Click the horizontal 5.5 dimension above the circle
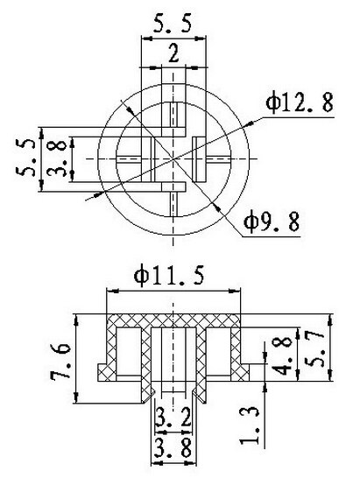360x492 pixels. [x=174, y=23]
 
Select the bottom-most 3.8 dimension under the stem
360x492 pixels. [x=174, y=450]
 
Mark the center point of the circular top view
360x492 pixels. [x=174, y=158]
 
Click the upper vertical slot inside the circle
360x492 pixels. [x=174, y=114]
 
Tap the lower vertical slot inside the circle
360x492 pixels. [x=174, y=201]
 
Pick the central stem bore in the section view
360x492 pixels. [x=174, y=359]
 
